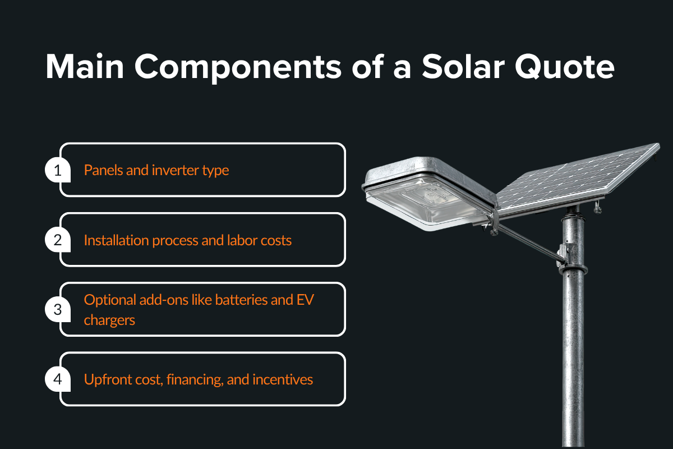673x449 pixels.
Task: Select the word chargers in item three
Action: (109, 320)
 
